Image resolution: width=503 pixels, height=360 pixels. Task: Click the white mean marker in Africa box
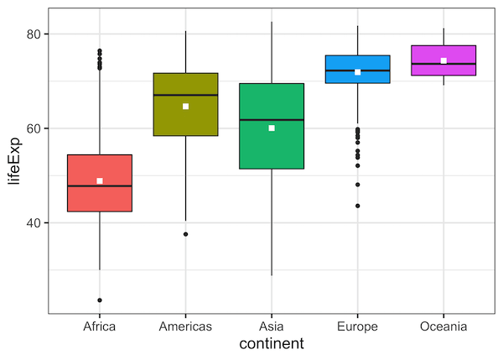[x=100, y=181]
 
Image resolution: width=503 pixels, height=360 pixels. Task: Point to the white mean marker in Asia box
[x=272, y=128]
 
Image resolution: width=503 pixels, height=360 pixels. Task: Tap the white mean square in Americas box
[x=185, y=107]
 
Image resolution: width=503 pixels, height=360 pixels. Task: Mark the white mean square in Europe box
[x=358, y=72]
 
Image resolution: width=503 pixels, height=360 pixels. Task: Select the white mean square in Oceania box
[x=443, y=60]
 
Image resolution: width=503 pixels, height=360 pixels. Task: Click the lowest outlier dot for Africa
[x=100, y=300]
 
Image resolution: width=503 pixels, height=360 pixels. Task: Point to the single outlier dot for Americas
[x=185, y=234]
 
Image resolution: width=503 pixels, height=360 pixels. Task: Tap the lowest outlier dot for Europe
[x=358, y=206]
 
